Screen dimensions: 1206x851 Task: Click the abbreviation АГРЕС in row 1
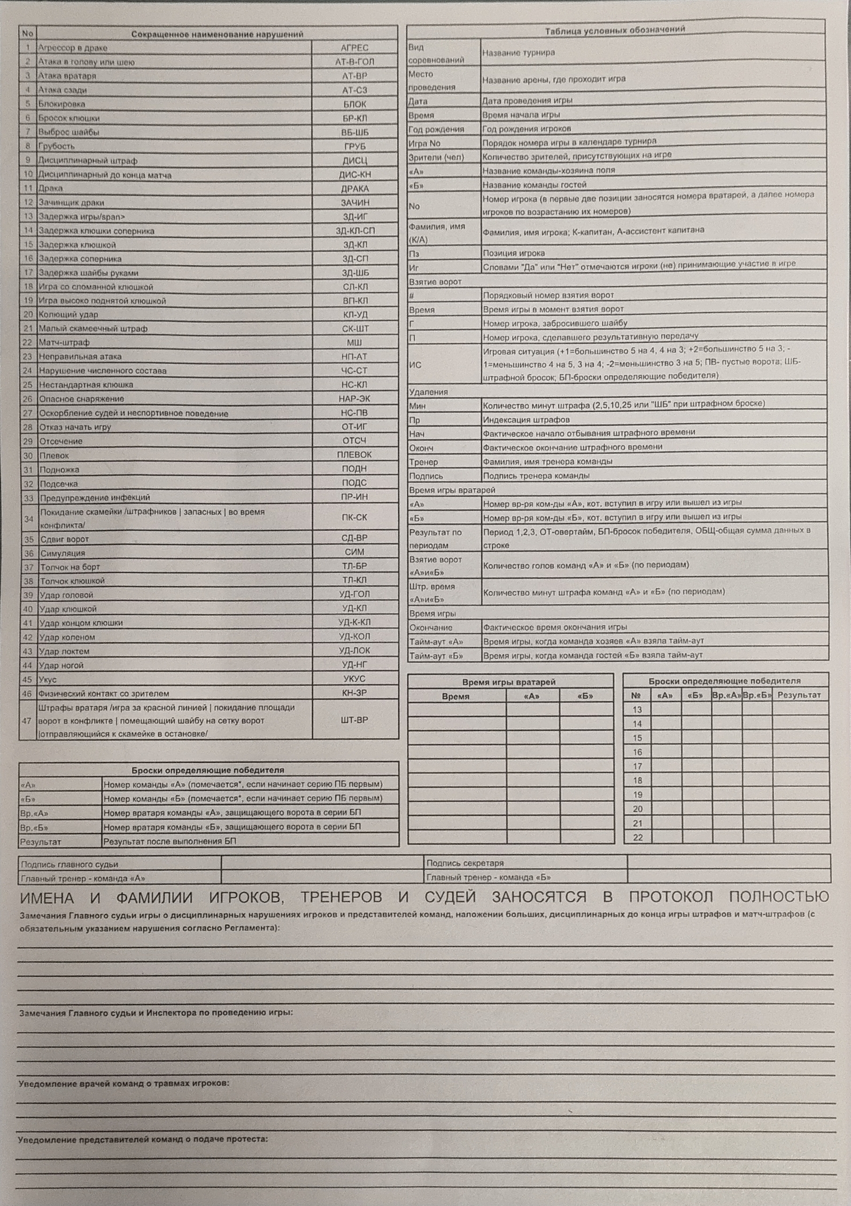pos(354,48)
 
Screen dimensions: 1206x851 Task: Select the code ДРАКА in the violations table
pos(354,189)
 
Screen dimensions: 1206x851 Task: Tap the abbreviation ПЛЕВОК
pos(354,455)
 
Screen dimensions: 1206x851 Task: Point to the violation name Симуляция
pos(63,553)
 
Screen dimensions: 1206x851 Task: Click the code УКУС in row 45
pos(354,679)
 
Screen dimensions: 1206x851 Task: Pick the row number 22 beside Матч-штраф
pos(27,343)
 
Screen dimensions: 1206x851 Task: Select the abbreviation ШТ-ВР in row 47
pos(354,720)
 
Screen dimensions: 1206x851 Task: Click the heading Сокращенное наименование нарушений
pos(217,34)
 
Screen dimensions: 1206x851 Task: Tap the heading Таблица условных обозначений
pos(615,30)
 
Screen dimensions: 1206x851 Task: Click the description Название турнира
pos(518,53)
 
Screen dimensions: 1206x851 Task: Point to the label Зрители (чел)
pos(436,157)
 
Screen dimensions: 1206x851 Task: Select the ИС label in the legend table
pos(415,365)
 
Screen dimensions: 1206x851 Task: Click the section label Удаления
pos(428,392)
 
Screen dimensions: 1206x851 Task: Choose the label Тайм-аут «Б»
pos(436,656)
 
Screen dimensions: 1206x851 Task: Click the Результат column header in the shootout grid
pos(799,695)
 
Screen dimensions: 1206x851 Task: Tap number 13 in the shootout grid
pos(637,710)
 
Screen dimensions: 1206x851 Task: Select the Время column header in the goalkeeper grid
pos(455,697)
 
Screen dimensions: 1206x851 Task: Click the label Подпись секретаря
pos(465,863)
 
